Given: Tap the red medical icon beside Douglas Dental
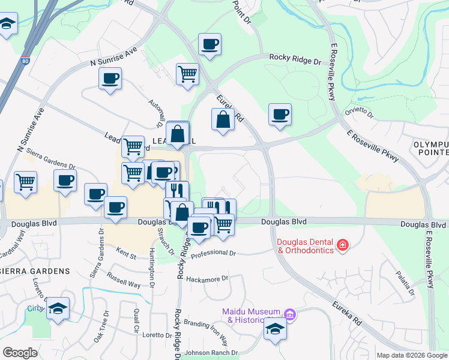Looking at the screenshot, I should pyautogui.click(x=343, y=244).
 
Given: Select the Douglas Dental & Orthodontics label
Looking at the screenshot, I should pyautogui.click(x=304, y=246).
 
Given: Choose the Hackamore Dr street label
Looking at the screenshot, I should pyautogui.click(x=208, y=279).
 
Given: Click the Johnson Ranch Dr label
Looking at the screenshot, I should pyautogui.click(x=211, y=353).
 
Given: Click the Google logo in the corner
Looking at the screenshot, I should pyautogui.click(x=20, y=352).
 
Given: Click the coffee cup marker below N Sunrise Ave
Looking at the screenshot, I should pyautogui.click(x=110, y=79).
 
